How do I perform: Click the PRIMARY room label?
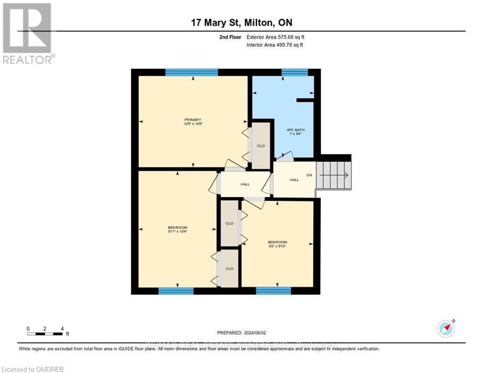pos(192,120)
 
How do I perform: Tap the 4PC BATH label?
pos(295,129)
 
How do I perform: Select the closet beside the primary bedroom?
pos(260,146)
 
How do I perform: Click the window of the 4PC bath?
pos(294,72)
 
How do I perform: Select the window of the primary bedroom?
pos(191,72)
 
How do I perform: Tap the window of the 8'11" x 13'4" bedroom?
pos(176,291)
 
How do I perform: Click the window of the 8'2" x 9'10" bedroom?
pos(273,291)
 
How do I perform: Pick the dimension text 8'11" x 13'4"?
pos(177,232)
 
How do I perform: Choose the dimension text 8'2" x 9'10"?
pos(277,246)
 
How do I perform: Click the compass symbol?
pos(446,328)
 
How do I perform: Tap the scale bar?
pos(45,334)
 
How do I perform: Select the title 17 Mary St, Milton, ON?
pos(241,22)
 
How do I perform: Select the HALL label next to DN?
pos(294,180)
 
